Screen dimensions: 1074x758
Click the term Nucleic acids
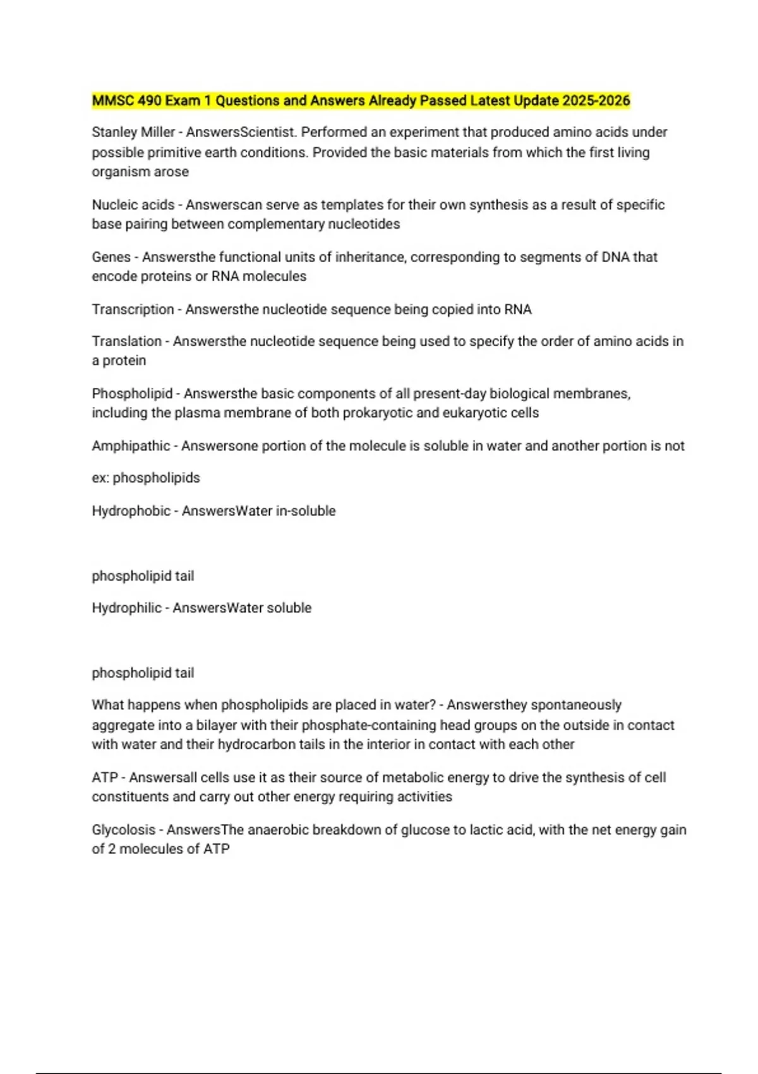click(133, 205)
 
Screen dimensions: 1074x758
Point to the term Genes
click(111, 257)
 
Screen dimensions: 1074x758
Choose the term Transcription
click(133, 310)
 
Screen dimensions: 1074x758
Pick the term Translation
click(126, 341)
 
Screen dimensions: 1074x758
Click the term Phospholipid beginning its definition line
click(132, 394)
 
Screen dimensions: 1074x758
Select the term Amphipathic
click(131, 446)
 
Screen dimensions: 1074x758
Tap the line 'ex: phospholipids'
click(146, 478)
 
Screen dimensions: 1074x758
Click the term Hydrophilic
click(126, 608)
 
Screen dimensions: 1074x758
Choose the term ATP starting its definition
click(104, 778)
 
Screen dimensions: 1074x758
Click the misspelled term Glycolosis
click(123, 830)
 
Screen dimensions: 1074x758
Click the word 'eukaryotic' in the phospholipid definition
click(471, 413)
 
